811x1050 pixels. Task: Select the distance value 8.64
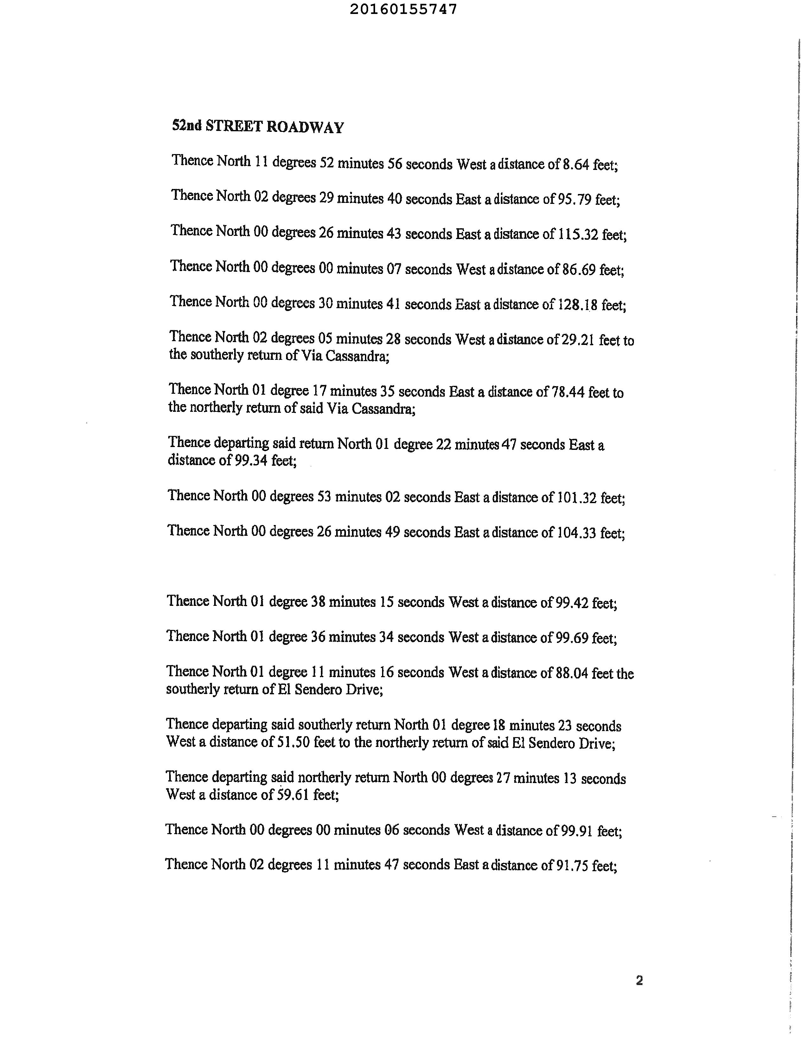click(x=576, y=165)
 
